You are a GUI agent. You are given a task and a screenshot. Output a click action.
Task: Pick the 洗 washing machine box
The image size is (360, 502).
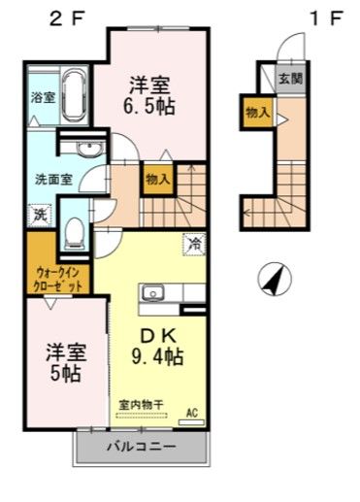(40, 214)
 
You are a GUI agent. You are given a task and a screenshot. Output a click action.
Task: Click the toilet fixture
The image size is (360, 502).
(75, 230)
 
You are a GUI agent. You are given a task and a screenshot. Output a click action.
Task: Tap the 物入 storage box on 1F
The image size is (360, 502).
(257, 114)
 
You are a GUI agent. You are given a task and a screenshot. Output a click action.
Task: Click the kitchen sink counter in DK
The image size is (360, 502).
(172, 292)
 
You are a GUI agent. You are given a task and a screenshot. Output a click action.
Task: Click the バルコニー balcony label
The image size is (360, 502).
(141, 448)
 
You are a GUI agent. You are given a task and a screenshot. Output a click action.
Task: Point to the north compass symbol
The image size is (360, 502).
(275, 280)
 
